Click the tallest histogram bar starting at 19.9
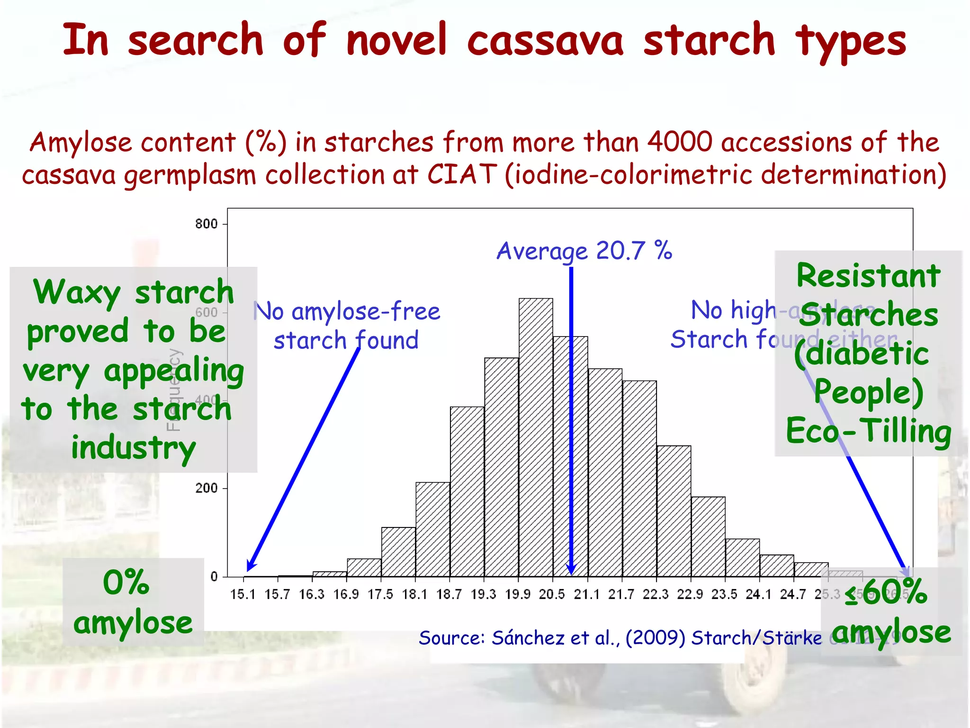click(x=536, y=436)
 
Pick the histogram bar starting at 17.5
click(x=398, y=552)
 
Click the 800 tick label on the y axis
click(x=206, y=224)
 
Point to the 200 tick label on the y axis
click(x=206, y=488)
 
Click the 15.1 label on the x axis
click(x=242, y=594)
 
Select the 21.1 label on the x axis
click(x=586, y=594)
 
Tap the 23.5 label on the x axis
click(x=724, y=594)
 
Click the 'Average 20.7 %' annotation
click(x=584, y=251)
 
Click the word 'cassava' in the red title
click(x=545, y=41)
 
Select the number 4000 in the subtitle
click(x=680, y=142)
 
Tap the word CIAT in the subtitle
click(x=462, y=174)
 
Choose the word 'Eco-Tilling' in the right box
click(x=868, y=431)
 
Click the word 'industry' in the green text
click(x=133, y=448)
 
